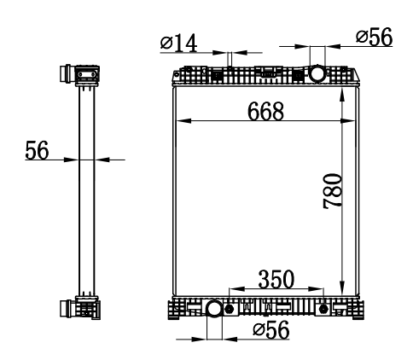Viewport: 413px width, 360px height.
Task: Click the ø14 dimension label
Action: (179, 44)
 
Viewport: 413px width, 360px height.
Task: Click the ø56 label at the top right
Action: (375, 37)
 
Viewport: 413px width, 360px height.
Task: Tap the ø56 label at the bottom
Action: (271, 330)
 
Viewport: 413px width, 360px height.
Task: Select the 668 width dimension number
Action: (266, 111)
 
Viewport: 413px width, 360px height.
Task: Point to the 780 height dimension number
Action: (333, 191)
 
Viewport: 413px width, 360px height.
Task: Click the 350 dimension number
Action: (276, 279)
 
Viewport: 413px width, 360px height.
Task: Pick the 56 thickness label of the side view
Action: (37, 150)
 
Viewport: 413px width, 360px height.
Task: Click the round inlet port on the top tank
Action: (317, 73)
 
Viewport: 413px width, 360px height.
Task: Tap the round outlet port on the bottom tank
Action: (214, 309)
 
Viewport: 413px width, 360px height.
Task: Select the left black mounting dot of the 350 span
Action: (230, 309)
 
